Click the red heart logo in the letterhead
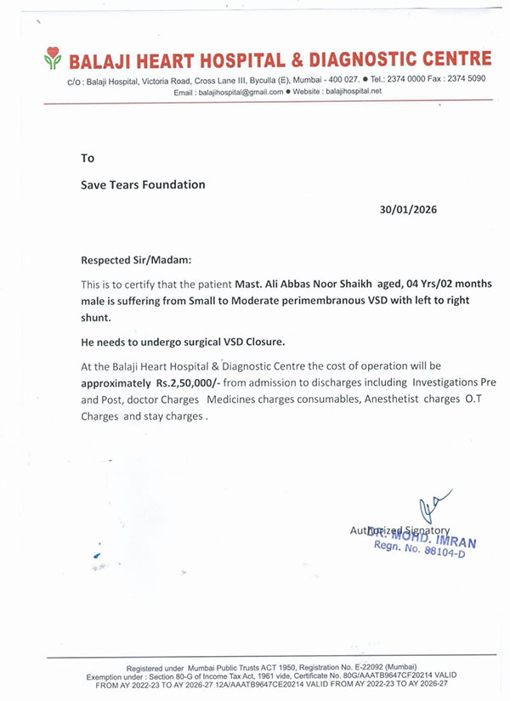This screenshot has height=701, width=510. pos(54,59)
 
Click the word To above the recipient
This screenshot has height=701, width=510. pos(88,158)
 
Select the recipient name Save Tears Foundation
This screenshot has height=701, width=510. pos(143,184)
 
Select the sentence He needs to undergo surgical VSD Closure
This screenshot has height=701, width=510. pos(183,342)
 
